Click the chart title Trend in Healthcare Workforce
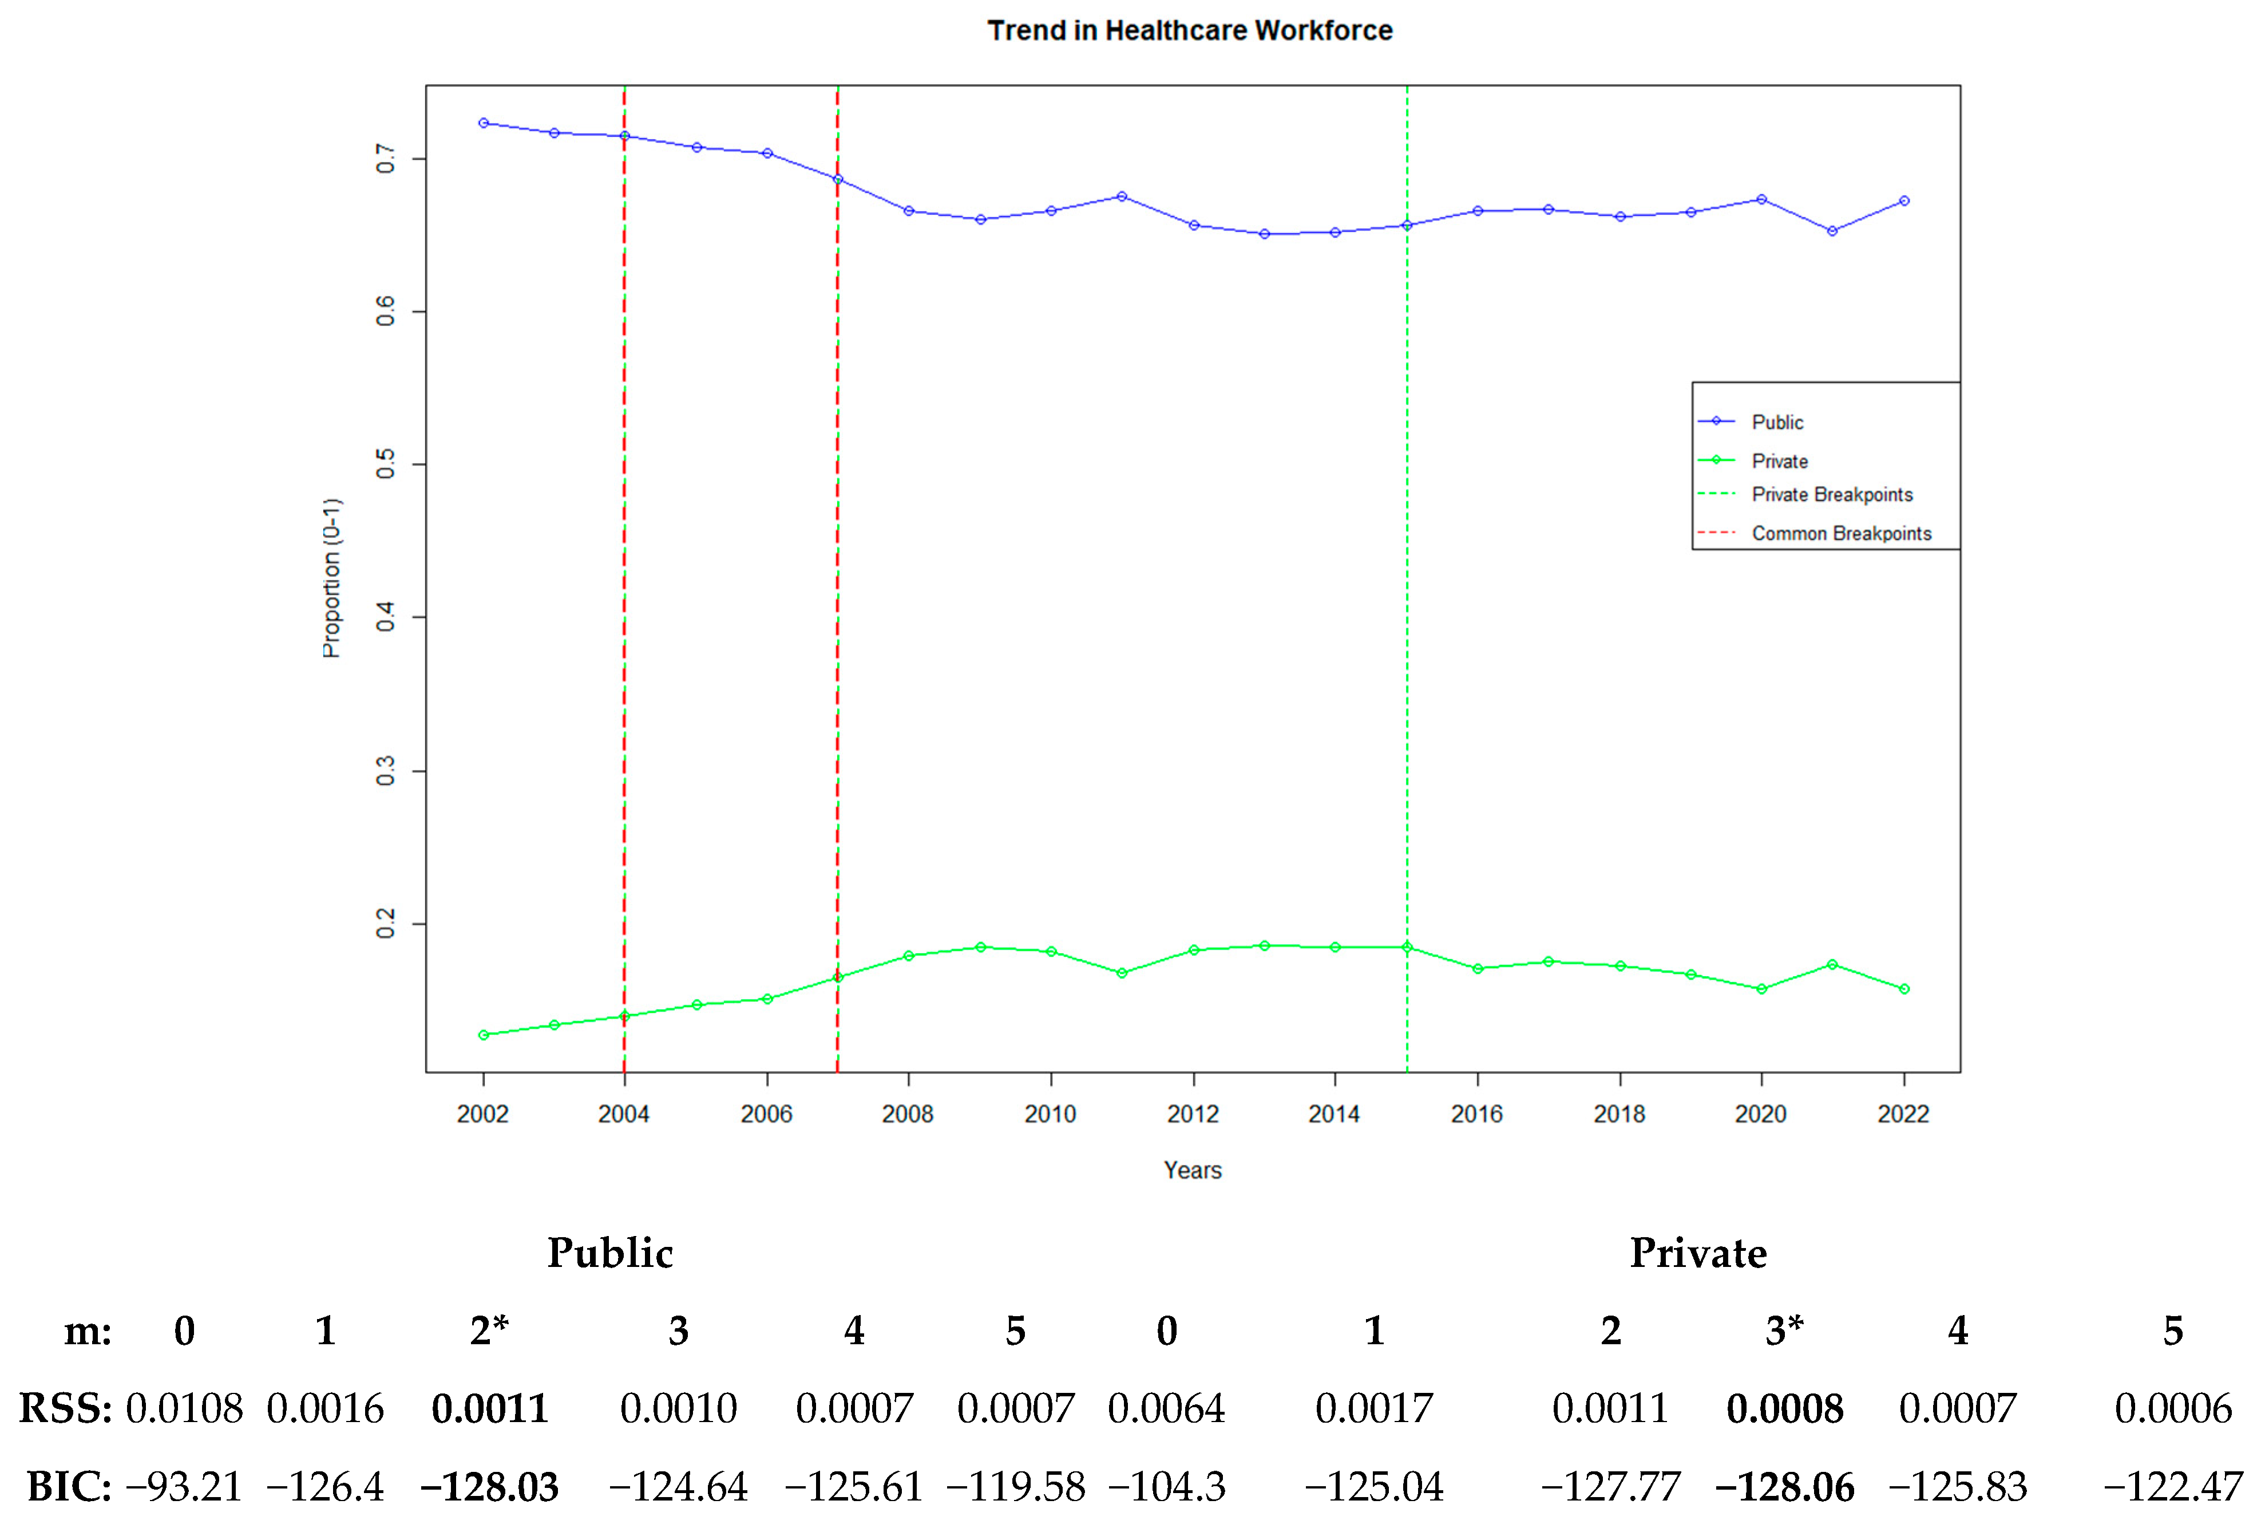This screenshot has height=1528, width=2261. pos(1189,31)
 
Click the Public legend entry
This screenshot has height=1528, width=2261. pos(1776,423)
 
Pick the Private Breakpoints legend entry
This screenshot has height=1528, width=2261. pos(1831,495)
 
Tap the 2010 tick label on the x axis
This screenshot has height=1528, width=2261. pos(1050,1114)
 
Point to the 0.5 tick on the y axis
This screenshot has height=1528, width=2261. pos(386,464)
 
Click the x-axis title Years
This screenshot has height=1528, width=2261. pos(1192,1171)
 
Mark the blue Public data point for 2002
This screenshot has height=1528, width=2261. pos(484,124)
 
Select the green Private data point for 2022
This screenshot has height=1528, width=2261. pos(1904,989)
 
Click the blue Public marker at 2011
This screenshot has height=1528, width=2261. pos(1122,196)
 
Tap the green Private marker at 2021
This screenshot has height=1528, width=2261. pos(1832,965)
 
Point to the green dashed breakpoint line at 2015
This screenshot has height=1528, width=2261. pos(1407,584)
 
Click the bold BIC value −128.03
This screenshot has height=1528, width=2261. pos(489,1487)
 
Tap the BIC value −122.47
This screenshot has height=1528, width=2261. pos(2172,1487)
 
